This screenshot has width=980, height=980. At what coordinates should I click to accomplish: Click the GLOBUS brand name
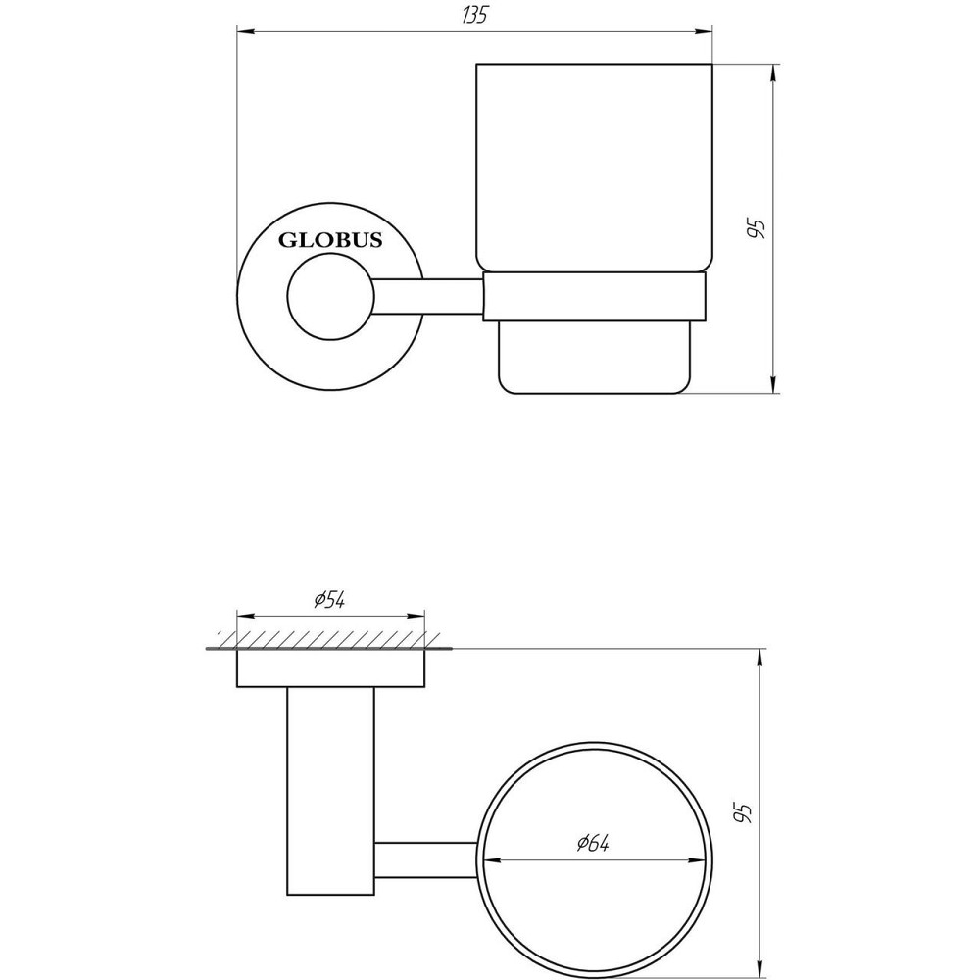point(330,240)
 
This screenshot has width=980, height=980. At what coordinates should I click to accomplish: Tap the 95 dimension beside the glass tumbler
point(756,228)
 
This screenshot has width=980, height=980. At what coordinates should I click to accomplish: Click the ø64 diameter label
point(593,843)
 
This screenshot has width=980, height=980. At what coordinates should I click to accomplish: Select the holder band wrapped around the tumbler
point(595,296)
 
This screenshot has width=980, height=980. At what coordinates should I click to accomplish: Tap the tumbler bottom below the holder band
point(595,357)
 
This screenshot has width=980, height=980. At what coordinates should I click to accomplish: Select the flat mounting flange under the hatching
point(331,668)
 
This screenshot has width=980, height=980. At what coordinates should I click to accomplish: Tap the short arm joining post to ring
point(426,859)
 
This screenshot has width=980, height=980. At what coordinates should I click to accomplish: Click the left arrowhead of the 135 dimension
point(244,33)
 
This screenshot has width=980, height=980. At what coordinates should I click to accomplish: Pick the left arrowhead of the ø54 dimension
point(244,617)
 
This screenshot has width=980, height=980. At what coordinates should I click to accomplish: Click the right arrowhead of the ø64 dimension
point(700,860)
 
